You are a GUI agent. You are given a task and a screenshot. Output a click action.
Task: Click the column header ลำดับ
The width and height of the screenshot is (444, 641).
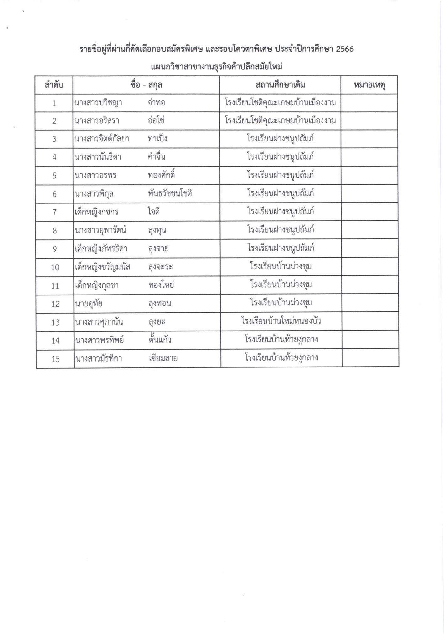click(54, 85)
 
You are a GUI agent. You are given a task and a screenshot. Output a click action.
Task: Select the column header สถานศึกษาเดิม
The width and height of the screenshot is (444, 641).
click(280, 85)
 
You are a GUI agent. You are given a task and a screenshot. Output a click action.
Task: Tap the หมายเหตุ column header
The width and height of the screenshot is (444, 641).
click(369, 85)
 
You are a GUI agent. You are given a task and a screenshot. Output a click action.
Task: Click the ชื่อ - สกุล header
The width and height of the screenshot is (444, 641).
click(146, 85)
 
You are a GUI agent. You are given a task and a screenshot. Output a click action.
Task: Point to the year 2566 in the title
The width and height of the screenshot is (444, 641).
click(344, 49)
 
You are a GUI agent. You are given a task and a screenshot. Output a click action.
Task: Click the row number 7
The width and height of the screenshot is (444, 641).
click(54, 212)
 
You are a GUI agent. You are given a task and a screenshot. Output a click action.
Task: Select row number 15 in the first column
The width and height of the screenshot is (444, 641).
click(55, 359)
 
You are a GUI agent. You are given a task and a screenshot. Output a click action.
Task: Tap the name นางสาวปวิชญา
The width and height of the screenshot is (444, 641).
click(98, 103)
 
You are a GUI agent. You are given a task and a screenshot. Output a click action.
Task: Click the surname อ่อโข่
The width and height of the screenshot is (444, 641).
click(156, 121)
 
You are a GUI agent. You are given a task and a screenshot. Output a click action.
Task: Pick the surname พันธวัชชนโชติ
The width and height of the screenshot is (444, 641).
click(170, 194)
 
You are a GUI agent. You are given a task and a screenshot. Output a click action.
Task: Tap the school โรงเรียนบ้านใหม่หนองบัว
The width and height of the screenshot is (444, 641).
click(281, 321)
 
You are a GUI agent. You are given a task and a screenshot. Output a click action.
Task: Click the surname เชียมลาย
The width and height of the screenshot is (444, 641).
click(163, 358)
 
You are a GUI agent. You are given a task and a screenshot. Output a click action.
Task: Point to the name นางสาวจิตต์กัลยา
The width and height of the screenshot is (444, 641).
click(102, 139)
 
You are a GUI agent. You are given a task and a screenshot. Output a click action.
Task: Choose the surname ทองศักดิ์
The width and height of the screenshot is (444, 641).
click(161, 175)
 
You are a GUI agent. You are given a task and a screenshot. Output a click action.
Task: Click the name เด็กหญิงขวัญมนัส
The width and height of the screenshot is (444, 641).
click(103, 267)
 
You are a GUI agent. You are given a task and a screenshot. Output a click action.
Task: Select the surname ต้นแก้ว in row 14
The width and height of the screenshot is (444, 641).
click(160, 340)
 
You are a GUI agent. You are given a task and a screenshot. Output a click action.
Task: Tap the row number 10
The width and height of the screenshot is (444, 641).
click(55, 267)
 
